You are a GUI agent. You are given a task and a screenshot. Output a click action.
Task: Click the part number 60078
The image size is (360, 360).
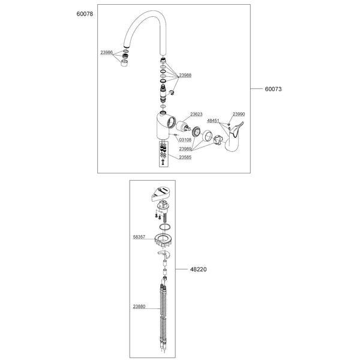(85, 14)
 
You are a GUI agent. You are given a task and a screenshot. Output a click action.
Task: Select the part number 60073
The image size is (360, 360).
(273, 89)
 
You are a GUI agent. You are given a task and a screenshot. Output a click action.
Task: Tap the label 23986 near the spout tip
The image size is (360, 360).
(107, 53)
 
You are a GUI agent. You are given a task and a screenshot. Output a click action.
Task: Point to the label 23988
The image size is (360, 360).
(185, 76)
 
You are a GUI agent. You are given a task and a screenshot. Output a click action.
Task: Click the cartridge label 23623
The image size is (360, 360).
(196, 115)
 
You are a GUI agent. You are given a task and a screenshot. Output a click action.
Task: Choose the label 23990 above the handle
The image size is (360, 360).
(239, 114)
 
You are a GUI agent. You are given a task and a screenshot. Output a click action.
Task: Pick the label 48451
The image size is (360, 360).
(213, 121)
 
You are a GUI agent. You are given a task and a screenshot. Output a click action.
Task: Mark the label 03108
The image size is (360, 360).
(185, 140)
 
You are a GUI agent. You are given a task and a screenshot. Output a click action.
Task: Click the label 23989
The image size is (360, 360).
(185, 149)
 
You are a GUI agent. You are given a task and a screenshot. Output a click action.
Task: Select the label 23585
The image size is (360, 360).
(185, 157)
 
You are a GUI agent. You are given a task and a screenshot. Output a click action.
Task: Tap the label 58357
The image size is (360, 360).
(139, 237)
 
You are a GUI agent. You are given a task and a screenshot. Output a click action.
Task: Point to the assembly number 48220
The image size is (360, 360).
(199, 269)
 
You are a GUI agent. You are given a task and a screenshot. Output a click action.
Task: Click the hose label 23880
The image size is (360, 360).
(139, 307)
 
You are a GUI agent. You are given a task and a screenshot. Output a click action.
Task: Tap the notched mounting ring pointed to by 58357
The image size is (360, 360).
(164, 241)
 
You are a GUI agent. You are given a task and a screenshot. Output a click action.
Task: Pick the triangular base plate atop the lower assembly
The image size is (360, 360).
(163, 193)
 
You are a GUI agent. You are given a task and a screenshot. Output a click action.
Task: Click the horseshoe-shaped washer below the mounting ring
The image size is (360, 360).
(164, 254)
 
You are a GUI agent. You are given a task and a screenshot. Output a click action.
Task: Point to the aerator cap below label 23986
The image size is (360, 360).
(124, 63)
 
